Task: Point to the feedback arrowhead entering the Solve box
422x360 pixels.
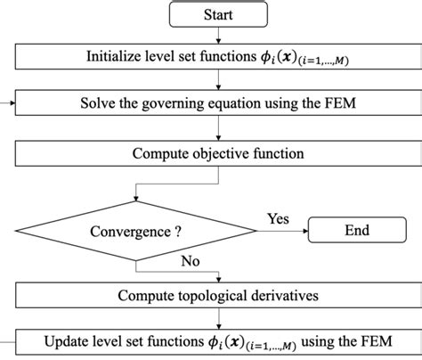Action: [12, 105]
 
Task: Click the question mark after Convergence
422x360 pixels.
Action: [177, 231]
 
